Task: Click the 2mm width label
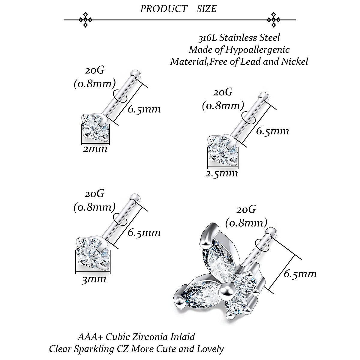[x=95, y=148]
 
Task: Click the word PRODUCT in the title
[x=164, y=9]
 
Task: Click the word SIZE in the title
[x=206, y=9]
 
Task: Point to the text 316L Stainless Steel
[x=239, y=38]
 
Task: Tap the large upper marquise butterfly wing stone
[x=218, y=254]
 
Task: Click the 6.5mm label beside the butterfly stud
[x=300, y=274]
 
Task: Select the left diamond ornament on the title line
[x=85, y=20]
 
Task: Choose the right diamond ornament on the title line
[x=274, y=20]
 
